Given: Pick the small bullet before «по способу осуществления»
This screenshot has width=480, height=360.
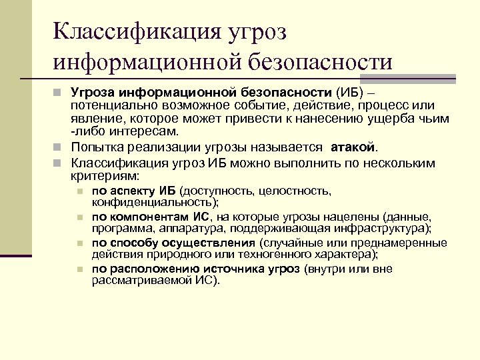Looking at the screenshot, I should (x=80, y=243).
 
